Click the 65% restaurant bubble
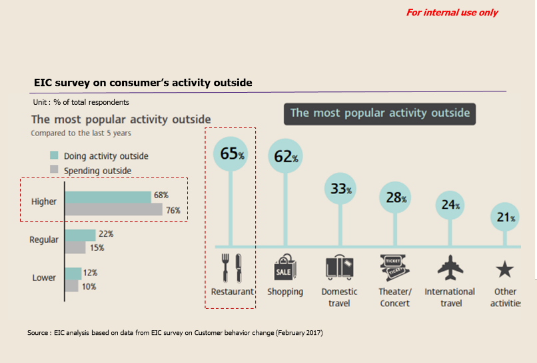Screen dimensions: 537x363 click(231, 153)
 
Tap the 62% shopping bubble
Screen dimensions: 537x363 click(285, 155)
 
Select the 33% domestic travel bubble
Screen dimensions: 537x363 click(340, 188)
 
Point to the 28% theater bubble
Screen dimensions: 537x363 click(395, 198)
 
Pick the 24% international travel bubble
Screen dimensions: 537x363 click(450, 205)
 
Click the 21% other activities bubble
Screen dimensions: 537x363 click(505, 217)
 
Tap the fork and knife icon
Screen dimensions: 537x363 click(232, 268)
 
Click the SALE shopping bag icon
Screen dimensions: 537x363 click(285, 268)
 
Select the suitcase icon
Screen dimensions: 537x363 click(339, 268)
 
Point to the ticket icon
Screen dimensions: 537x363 click(394, 268)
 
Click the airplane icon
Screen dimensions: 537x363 click(450, 268)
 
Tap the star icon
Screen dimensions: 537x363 click(505, 269)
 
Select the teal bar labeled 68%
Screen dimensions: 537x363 click(108, 198)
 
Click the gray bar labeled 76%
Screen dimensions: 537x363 click(113, 210)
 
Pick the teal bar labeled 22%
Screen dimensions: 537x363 click(80, 236)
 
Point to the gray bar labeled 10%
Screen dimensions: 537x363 click(71, 286)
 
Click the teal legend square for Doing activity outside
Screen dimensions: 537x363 click(54, 155)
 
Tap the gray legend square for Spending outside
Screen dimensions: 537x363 click(54, 169)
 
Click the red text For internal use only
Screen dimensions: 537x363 click(452, 13)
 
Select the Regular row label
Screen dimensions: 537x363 click(44, 240)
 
